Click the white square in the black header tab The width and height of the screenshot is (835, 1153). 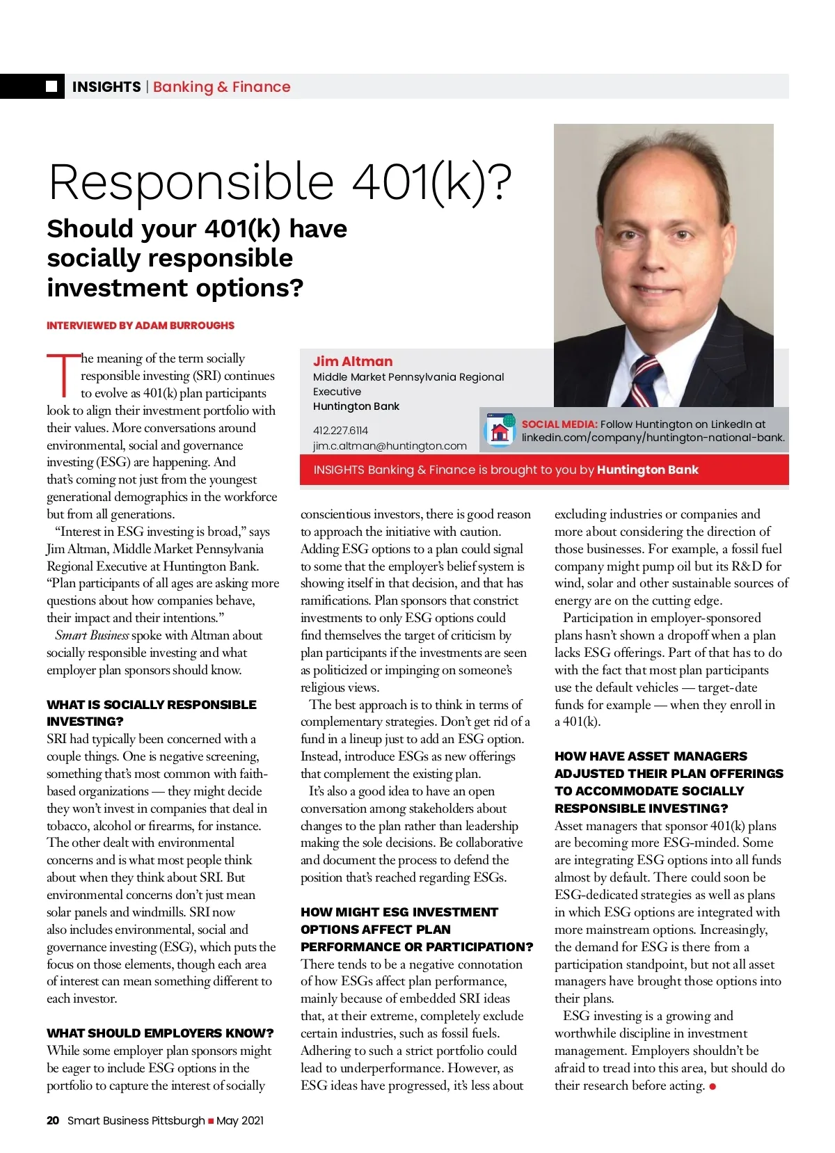[51, 86]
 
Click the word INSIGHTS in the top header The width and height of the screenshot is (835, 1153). [106, 87]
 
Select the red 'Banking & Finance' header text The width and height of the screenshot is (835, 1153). [221, 87]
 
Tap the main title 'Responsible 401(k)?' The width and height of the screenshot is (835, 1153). [280, 182]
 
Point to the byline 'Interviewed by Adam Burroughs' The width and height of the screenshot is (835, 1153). [141, 325]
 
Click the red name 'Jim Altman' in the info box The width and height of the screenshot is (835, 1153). [353, 361]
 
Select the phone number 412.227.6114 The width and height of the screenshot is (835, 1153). [340, 430]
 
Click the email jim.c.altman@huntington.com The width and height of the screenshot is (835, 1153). [390, 445]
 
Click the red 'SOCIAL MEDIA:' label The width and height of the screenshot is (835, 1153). [559, 424]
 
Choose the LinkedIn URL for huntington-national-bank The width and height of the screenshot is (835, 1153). [653, 438]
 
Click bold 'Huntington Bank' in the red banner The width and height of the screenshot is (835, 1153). [647, 470]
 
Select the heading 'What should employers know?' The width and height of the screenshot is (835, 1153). [160, 1033]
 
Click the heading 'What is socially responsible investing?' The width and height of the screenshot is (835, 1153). [151, 713]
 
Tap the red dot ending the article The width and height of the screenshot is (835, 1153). [713, 1087]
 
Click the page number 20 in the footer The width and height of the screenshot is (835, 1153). [53, 1120]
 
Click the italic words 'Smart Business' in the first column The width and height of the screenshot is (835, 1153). [92, 635]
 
